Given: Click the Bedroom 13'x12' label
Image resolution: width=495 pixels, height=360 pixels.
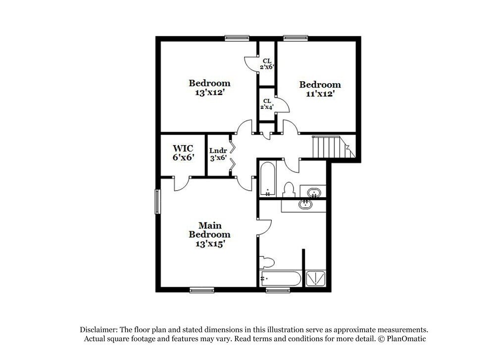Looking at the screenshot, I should [209, 87].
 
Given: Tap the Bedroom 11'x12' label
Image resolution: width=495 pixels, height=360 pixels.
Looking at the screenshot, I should [320, 89].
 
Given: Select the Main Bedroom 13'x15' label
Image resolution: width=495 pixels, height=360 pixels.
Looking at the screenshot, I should [209, 234].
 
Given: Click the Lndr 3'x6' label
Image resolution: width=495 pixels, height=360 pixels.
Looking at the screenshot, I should [218, 154].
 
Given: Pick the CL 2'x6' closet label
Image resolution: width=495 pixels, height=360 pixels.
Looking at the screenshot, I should [267, 64].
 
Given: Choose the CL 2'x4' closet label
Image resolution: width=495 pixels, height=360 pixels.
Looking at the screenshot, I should [267, 103].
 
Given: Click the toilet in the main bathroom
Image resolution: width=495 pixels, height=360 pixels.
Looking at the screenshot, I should [267, 261].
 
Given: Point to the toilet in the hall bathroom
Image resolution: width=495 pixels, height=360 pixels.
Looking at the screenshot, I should [289, 189].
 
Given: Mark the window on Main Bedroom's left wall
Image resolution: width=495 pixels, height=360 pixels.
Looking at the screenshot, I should [158, 202].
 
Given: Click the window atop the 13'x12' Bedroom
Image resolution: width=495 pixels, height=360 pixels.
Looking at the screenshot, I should [237, 38].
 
